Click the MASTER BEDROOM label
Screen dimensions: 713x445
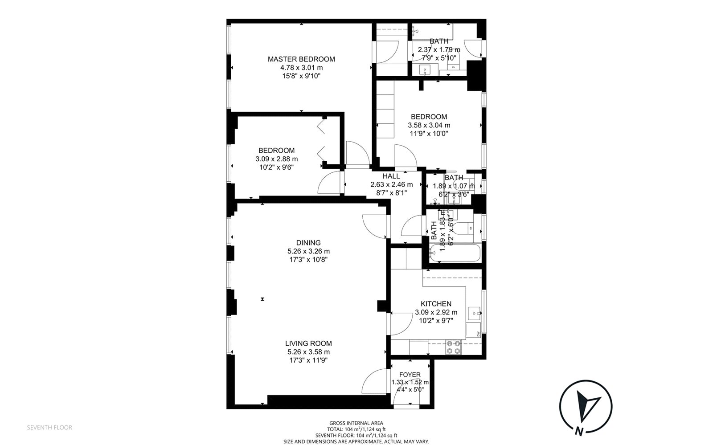[x=301, y=59]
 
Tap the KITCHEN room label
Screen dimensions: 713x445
[x=436, y=304]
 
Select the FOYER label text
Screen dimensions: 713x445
[x=410, y=375]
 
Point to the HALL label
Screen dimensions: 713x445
[x=391, y=176]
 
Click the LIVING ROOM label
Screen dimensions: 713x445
[x=308, y=343]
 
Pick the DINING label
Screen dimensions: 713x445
[x=308, y=243]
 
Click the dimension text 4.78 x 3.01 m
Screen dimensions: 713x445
[x=301, y=67]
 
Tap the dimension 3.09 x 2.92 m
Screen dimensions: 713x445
[x=436, y=312]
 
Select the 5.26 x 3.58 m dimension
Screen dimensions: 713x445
[x=308, y=352]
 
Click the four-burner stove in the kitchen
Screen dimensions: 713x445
[x=453, y=347]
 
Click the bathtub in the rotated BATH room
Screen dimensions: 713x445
[x=455, y=253]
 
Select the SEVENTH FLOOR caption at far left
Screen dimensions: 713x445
[x=49, y=428]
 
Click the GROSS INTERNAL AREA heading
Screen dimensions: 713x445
[x=356, y=423]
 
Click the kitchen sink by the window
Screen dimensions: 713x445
[x=475, y=313]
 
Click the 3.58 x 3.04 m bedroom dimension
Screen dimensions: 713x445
[x=429, y=125]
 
